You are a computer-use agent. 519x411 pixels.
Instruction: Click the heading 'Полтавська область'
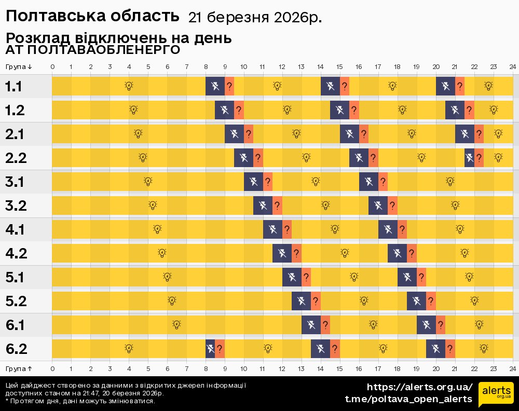(92, 17)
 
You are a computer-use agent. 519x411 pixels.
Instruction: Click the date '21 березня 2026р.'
(254, 18)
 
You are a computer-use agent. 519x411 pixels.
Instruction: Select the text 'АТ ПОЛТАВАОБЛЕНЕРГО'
(93, 50)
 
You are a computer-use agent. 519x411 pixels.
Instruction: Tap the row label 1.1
(13, 87)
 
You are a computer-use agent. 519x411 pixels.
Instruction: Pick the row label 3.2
(16, 205)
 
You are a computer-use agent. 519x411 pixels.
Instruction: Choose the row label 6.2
(16, 349)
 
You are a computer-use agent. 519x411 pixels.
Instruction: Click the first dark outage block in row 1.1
(215, 86)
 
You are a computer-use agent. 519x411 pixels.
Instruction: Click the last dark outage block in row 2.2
(469, 157)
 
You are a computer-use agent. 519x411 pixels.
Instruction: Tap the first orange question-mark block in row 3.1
(268, 181)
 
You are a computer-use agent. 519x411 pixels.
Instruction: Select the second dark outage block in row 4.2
(397, 253)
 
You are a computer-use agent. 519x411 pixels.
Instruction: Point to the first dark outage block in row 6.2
(210, 349)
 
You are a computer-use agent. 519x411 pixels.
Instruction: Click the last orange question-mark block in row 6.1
(441, 325)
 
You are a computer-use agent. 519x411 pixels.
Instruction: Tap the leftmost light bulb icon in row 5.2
(172, 300)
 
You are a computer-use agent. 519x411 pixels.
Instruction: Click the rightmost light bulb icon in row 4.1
(460, 229)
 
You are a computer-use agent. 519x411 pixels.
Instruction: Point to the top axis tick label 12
(282, 67)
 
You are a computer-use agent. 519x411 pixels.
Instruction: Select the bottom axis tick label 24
(512, 368)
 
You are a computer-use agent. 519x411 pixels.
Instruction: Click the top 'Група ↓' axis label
(19, 67)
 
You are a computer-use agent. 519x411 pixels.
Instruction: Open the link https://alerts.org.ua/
(419, 387)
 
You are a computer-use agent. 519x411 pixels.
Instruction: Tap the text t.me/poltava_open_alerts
(408, 399)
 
